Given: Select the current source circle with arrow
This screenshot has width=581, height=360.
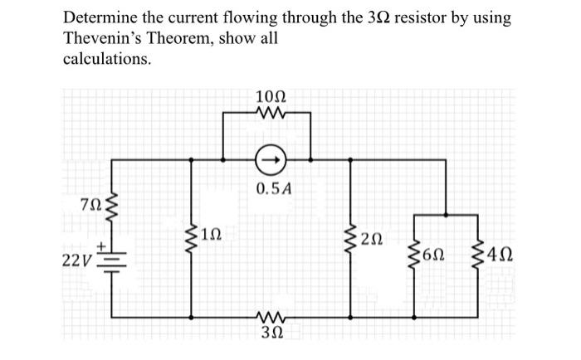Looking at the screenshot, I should click(268, 157).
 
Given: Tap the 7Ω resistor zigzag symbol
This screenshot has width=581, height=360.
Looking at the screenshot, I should click(113, 205).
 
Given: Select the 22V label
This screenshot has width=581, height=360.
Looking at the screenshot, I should click(79, 260).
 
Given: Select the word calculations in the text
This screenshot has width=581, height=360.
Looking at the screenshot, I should click(107, 59).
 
